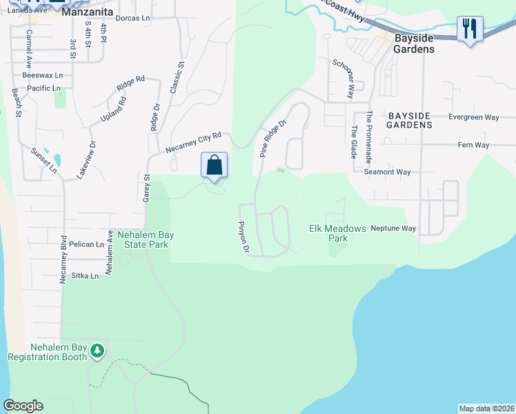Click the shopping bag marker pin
[x=215, y=166]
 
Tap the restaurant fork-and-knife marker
[x=470, y=29]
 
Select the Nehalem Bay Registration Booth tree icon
[x=97, y=351]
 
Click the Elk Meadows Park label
[x=328, y=233]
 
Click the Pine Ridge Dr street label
[x=272, y=139]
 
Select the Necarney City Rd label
[x=194, y=143]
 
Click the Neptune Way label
[x=393, y=228]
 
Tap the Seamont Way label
[x=388, y=172]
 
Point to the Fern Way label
[x=473, y=145]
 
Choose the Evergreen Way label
[x=473, y=117]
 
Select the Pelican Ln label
[x=91, y=244]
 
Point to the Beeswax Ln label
[x=42, y=75]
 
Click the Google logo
[x=23, y=406]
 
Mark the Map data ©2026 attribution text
[x=486, y=408]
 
